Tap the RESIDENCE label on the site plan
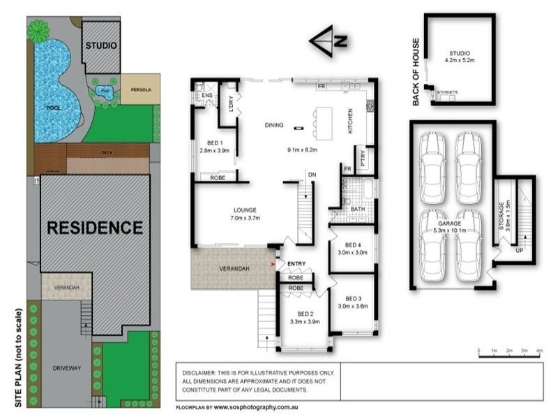tap(94, 227)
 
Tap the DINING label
tap(274, 126)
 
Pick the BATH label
tap(359, 209)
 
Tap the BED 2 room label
tap(303, 314)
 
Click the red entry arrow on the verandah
tap(273, 265)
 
